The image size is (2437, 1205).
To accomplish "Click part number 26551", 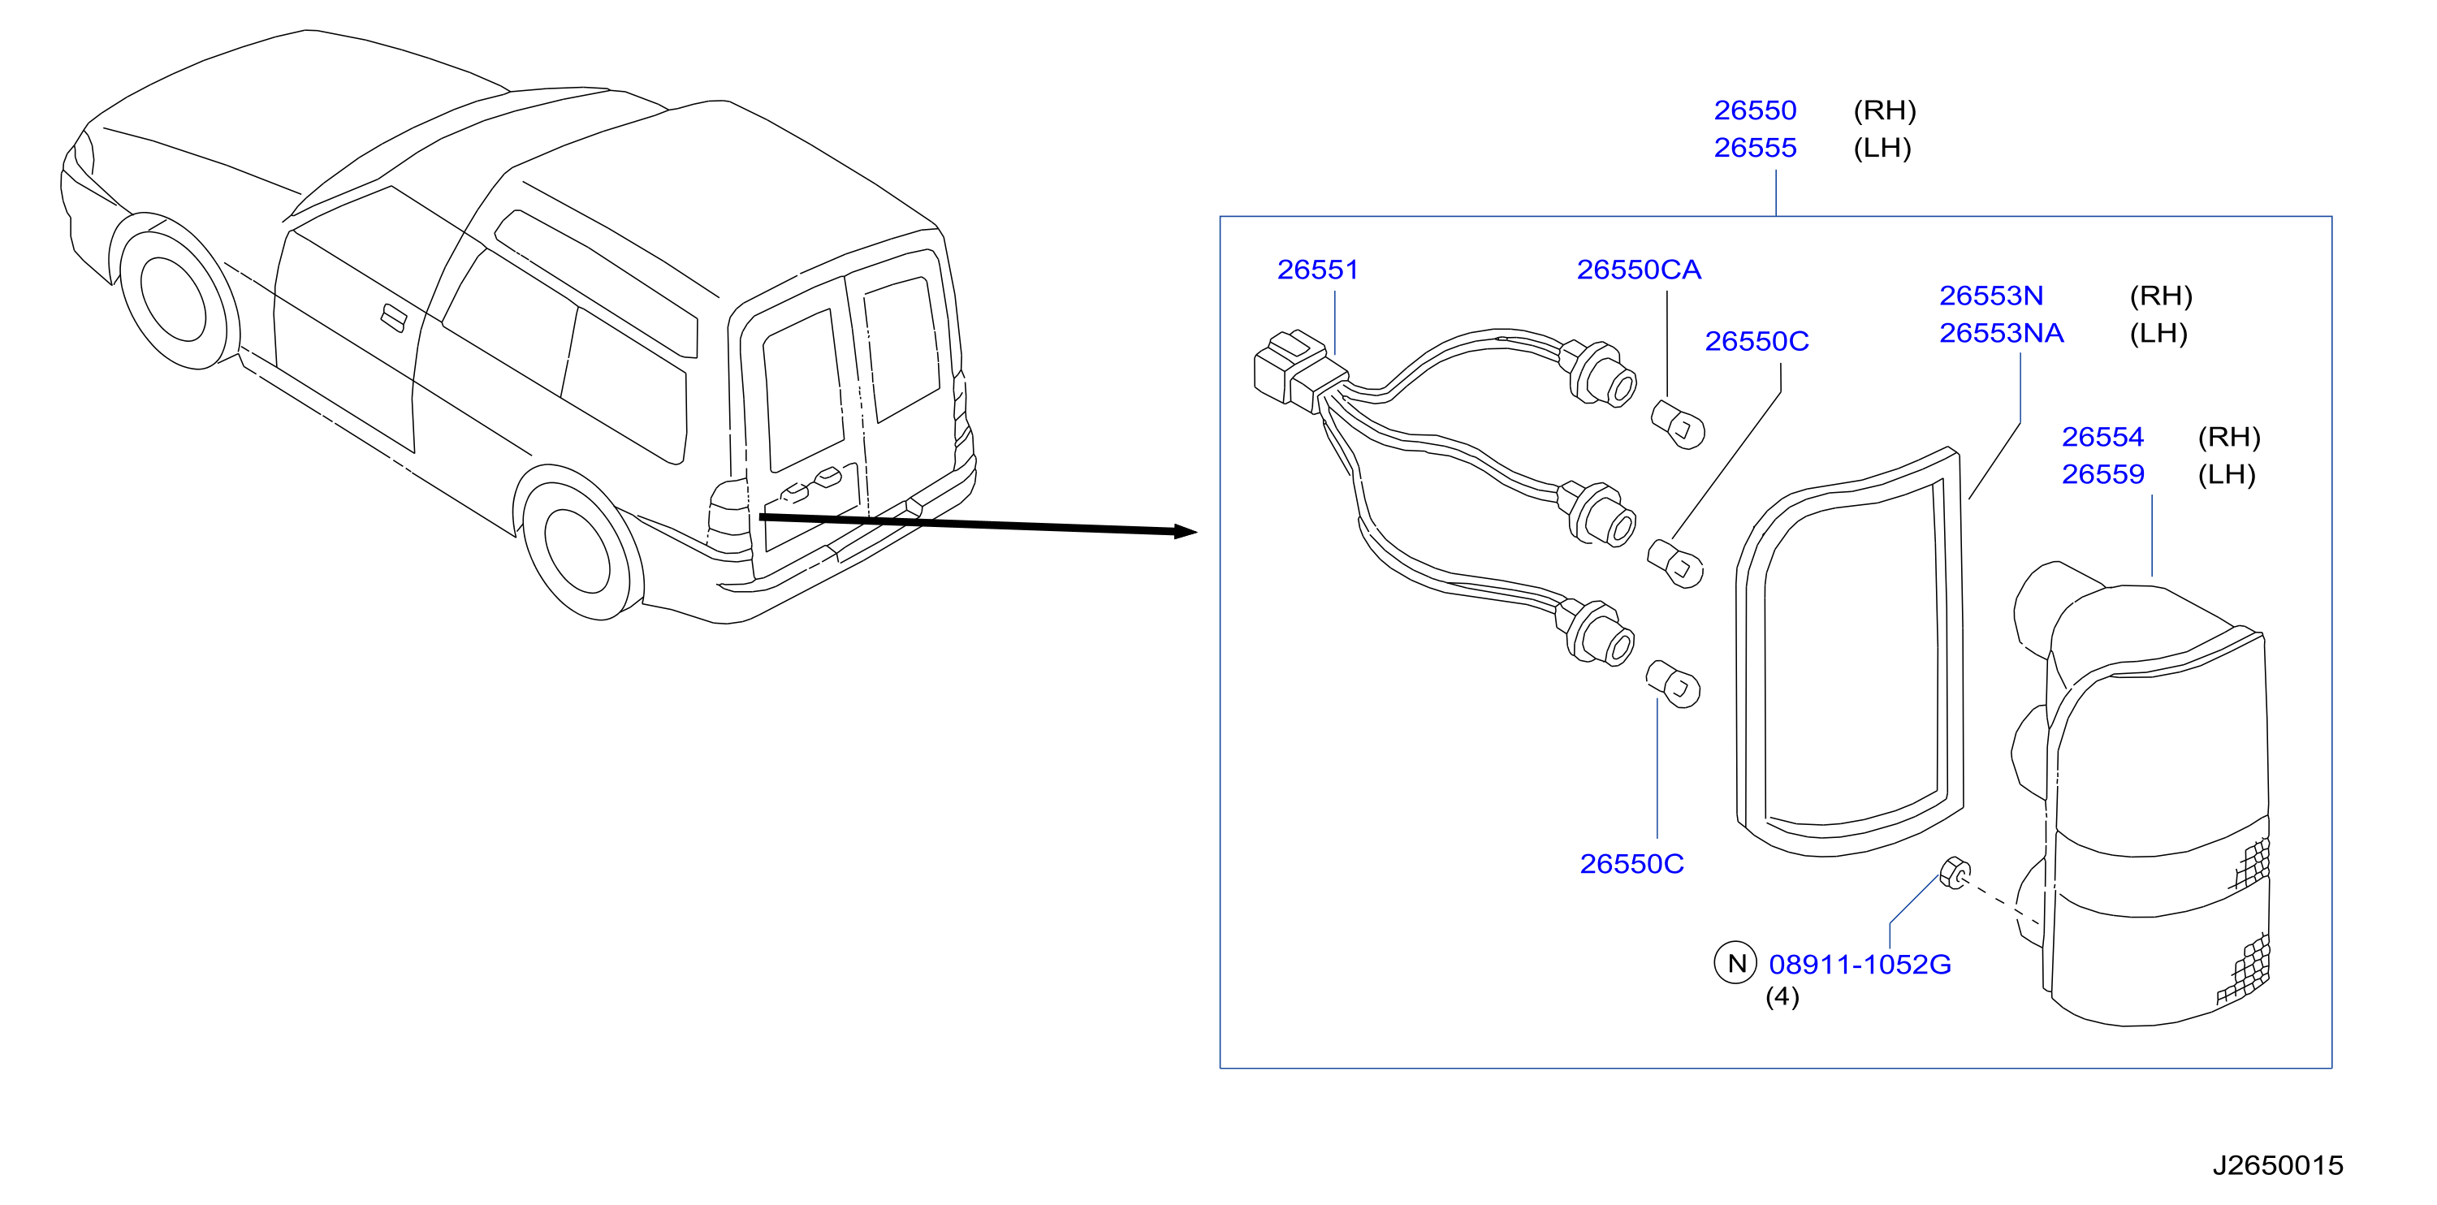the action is (1317, 270).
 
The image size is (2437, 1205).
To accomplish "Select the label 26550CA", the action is (1639, 270).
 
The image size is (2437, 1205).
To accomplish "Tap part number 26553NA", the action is (2001, 333).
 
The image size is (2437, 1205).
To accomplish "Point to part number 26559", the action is (2102, 474).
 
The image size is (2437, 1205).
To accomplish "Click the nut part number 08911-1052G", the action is (1860, 965).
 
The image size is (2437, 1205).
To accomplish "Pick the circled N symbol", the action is (1736, 964).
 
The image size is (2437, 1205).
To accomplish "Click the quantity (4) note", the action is (1782, 997).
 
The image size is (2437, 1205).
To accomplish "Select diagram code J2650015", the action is (2277, 1165).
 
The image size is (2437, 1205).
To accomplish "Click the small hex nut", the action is (1955, 873).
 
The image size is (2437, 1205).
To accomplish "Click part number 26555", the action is (1755, 149).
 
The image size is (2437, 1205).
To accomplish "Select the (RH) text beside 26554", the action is (2229, 437).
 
